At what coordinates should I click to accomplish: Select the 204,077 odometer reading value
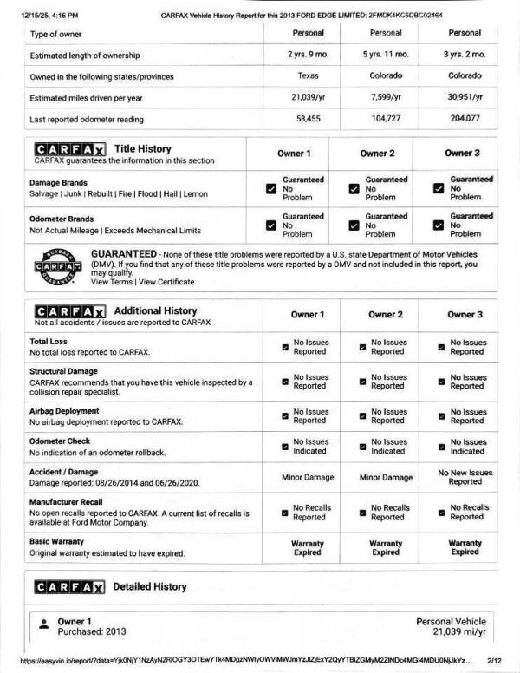(465, 119)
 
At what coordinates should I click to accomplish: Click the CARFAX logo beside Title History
(70, 149)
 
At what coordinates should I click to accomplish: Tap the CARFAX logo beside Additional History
(70, 311)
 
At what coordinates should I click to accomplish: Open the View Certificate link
(166, 282)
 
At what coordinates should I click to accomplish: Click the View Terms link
(112, 282)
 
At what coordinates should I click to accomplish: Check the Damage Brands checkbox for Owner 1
(271, 188)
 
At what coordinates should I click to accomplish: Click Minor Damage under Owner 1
(308, 478)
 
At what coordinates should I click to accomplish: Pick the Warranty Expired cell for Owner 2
(386, 547)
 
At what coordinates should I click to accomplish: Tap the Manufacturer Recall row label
(74, 502)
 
